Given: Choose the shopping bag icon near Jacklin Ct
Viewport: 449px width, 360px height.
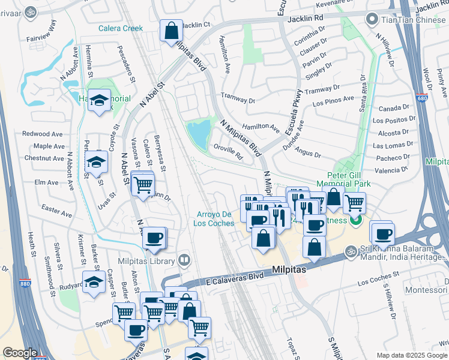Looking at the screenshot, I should pyautogui.click(x=171, y=31).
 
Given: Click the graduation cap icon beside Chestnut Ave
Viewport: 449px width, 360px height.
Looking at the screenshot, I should pyautogui.click(x=96, y=161).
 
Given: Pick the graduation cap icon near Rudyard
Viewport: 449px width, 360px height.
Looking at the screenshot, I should pyautogui.click(x=93, y=283).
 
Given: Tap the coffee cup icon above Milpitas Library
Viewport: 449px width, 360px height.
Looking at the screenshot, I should pyautogui.click(x=155, y=238).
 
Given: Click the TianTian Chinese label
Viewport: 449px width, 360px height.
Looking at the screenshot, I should pyautogui.click(x=415, y=19).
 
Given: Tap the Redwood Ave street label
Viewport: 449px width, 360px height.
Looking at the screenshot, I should pyautogui.click(x=43, y=134).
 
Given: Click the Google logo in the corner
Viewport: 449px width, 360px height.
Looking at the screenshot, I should pyautogui.click(x=20, y=353).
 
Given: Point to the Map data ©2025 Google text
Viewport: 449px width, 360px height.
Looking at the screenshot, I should pyautogui.click(x=411, y=355).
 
